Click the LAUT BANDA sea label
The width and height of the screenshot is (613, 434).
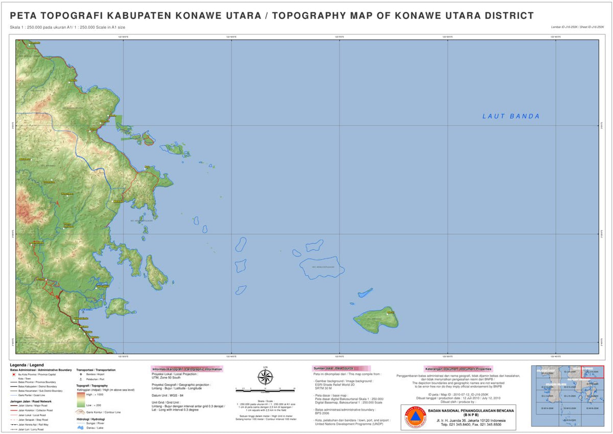[x=511, y=116]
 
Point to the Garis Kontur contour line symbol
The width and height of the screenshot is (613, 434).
[x=81, y=411]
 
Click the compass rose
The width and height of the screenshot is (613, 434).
[x=265, y=378]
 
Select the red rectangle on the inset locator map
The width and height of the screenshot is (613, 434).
[x=593, y=372]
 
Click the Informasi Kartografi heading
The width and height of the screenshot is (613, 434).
[x=187, y=369]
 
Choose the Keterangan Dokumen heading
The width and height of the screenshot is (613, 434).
[x=458, y=368]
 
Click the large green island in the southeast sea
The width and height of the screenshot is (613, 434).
[x=376, y=319]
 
